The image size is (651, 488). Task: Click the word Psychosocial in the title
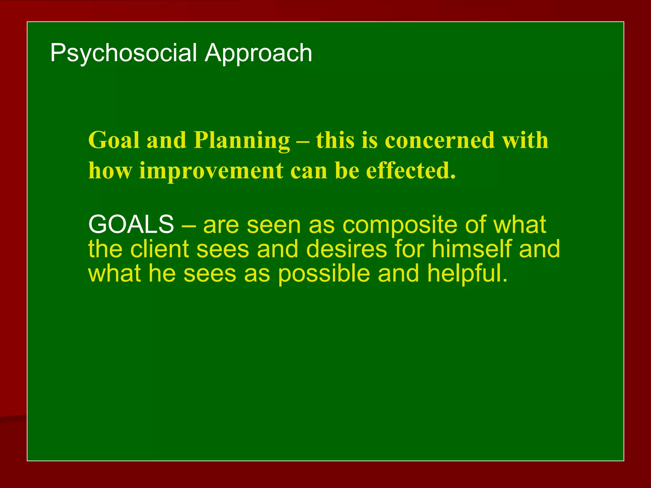click(124, 53)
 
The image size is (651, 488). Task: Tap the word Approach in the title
click(258, 53)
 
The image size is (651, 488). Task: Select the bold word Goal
click(114, 140)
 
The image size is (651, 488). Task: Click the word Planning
click(242, 141)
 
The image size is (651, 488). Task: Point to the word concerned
click(440, 140)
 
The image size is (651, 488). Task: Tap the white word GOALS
click(131, 224)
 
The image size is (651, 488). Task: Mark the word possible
click(324, 274)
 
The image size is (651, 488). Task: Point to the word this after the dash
click(335, 140)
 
